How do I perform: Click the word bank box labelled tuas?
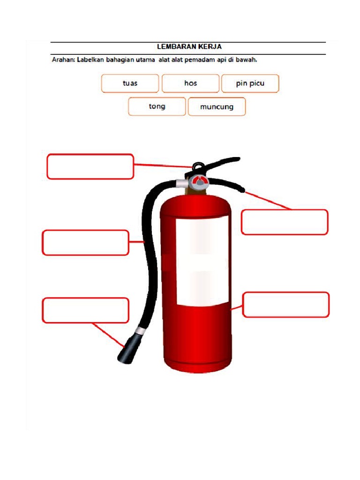point(130,83)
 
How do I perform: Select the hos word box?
point(190,83)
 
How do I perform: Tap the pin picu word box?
point(250,83)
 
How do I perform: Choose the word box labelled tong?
point(157,106)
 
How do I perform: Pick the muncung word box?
point(217,106)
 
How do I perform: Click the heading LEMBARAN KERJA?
point(189,46)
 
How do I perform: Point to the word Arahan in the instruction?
point(63,60)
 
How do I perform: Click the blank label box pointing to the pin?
point(90,166)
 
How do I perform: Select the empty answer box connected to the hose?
point(85,242)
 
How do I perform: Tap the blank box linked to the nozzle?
point(85,310)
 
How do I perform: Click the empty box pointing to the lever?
point(285,222)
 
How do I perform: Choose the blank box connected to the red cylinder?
point(286,305)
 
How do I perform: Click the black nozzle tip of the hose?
point(128,349)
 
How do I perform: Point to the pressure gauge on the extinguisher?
point(200,182)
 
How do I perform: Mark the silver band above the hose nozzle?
point(141,330)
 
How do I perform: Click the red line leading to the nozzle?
point(108,335)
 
